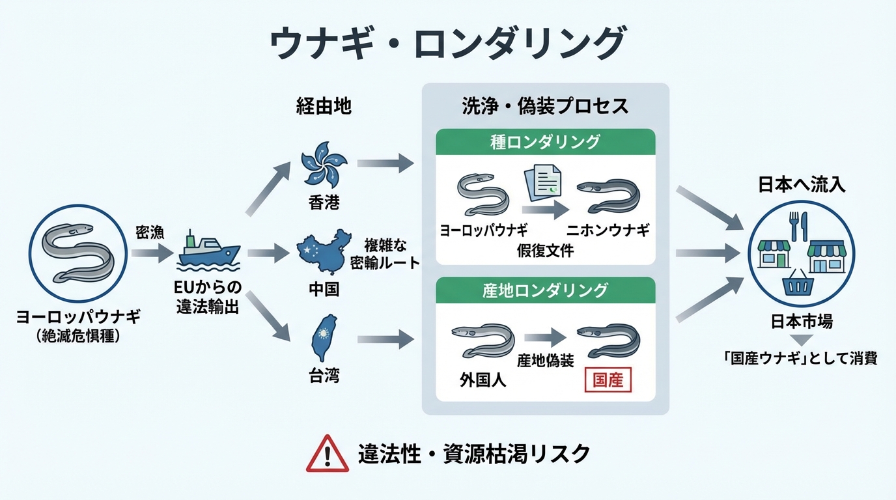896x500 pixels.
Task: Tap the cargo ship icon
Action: tap(208, 250)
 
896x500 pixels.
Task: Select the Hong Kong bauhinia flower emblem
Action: tap(324, 163)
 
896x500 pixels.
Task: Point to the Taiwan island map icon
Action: tap(323, 338)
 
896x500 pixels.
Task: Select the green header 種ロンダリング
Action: tap(545, 141)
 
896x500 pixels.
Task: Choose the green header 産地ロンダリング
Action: tap(545, 290)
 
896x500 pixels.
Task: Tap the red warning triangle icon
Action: tap(327, 453)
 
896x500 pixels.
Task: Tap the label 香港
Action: tap(324, 202)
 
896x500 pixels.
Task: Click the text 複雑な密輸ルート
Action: tap(385, 254)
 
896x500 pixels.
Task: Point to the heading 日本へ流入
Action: tap(802, 185)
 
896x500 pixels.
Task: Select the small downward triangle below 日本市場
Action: tap(802, 339)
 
